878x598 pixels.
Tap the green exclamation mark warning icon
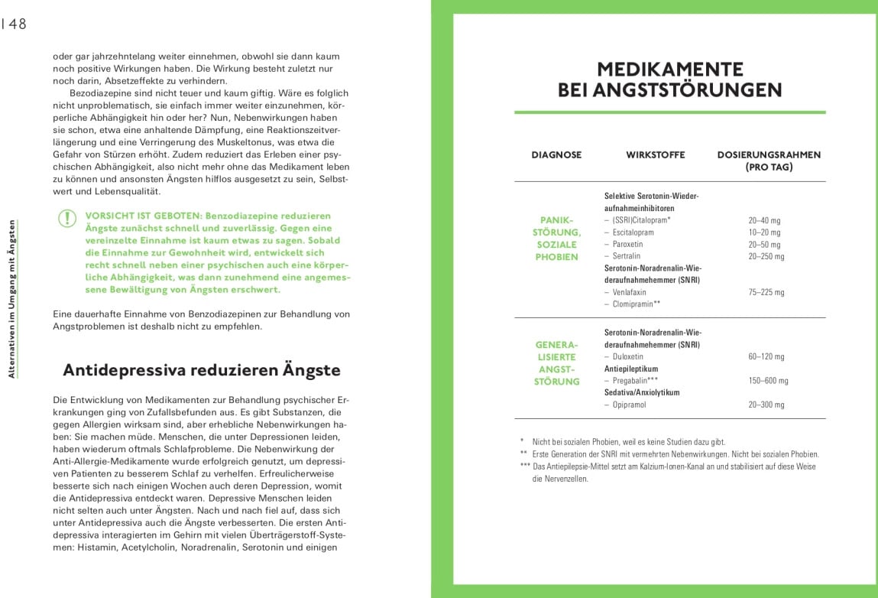pyautogui.click(x=67, y=219)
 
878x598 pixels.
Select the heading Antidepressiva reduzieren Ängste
pyautogui.click(x=202, y=370)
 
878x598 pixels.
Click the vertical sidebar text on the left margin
pyautogui.click(x=11, y=298)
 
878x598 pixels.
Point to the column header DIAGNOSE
pyautogui.click(x=556, y=155)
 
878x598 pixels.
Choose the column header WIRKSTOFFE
pyautogui.click(x=655, y=155)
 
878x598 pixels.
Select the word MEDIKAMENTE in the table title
pyautogui.click(x=669, y=70)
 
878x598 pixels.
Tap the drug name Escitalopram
pyautogui.click(x=633, y=232)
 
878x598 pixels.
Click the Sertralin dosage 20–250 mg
pyautogui.click(x=766, y=257)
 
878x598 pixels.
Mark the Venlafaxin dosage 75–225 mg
pyautogui.click(x=766, y=292)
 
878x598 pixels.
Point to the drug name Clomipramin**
pyautogui.click(x=636, y=304)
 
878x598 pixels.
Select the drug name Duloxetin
pyautogui.click(x=627, y=357)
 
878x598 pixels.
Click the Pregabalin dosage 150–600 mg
pyautogui.click(x=768, y=381)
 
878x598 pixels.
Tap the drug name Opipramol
pyautogui.click(x=629, y=405)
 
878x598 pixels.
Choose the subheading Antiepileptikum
pyautogui.click(x=631, y=369)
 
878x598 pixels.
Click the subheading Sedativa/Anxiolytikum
pyautogui.click(x=642, y=392)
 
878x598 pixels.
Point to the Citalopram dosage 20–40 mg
pyautogui.click(x=764, y=220)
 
